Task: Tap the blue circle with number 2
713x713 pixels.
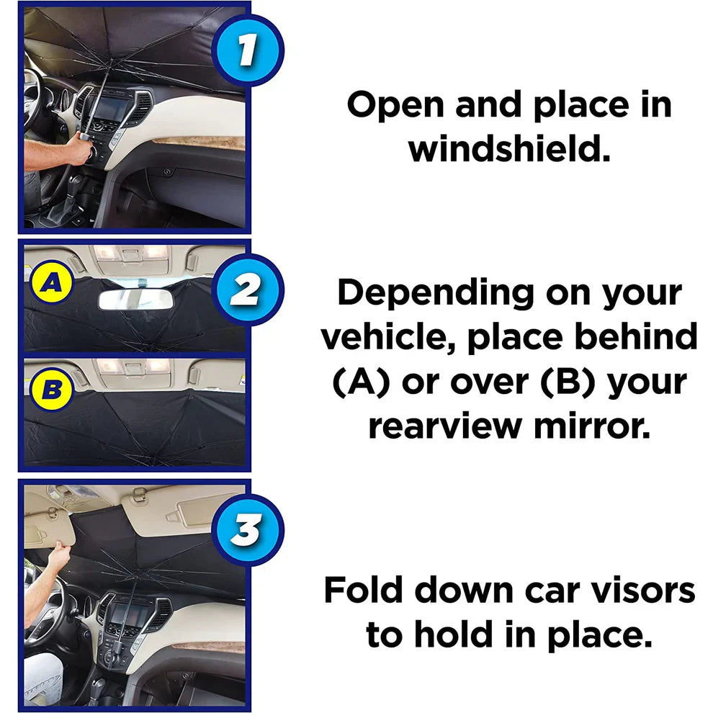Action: tap(247, 290)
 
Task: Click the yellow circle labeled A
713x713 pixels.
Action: tap(50, 284)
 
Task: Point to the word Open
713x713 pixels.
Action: tap(398, 105)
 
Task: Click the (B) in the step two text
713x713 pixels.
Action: tap(560, 382)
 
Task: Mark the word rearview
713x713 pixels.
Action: tap(452, 426)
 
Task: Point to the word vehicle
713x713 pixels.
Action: tap(388, 338)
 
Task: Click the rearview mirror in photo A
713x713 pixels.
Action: tap(135, 299)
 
